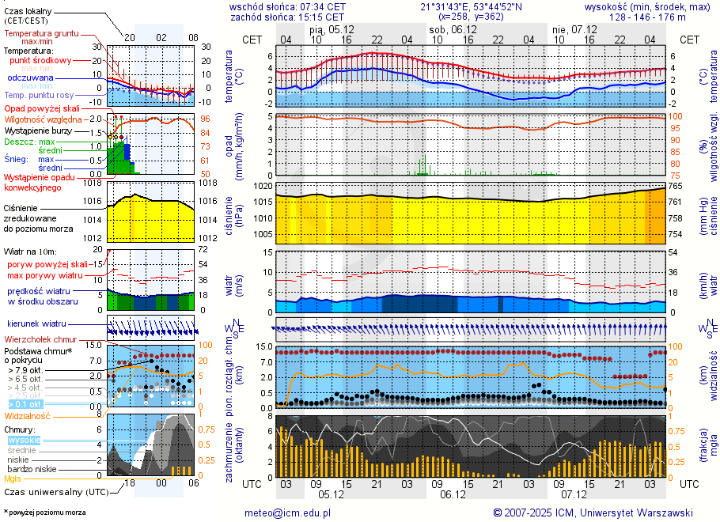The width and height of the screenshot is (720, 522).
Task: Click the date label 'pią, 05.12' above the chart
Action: pyautogui.click(x=331, y=29)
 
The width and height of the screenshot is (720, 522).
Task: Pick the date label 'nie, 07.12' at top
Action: pyautogui.click(x=574, y=29)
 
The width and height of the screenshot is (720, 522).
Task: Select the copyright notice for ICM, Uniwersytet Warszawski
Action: pyautogui.click(x=593, y=513)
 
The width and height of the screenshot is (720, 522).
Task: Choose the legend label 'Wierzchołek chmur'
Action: pyautogui.click(x=40, y=339)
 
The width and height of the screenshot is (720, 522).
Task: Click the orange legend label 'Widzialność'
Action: pyautogui.click(x=28, y=414)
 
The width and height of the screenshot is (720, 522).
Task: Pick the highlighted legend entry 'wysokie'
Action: pyautogui.click(x=23, y=440)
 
